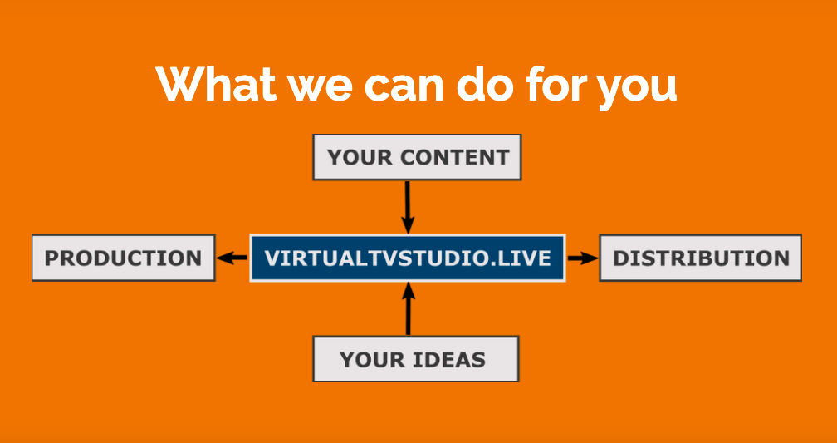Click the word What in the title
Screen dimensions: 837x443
tap(216, 84)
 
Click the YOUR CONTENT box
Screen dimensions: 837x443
tap(417, 157)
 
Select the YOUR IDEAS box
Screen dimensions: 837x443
tap(415, 359)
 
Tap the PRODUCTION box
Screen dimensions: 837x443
tap(123, 258)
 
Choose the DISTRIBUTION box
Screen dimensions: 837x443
tap(700, 258)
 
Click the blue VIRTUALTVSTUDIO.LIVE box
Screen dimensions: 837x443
tap(408, 258)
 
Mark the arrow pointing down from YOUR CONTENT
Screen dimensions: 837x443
tap(408, 207)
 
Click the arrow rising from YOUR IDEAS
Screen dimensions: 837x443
tap(409, 308)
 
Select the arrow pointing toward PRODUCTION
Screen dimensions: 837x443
tap(232, 258)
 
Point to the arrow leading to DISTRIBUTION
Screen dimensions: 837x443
tap(583, 258)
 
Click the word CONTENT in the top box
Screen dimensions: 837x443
tap(455, 158)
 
